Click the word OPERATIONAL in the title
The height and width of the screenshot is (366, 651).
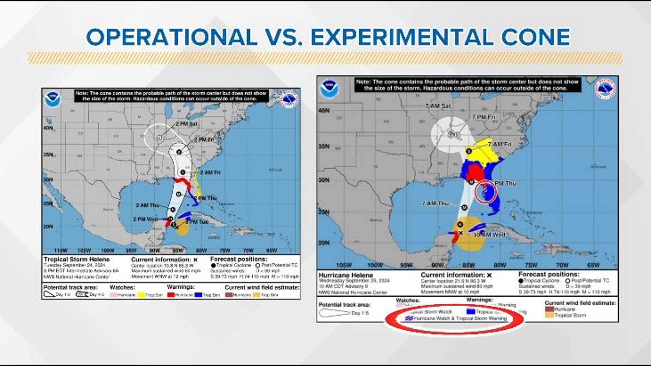[x=172, y=37]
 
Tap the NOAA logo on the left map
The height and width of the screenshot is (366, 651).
[x=53, y=100]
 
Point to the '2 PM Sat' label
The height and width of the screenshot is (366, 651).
[x=186, y=124]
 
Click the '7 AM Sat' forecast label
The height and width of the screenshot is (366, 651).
[x=438, y=106]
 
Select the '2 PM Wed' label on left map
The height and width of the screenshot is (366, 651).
[x=145, y=219]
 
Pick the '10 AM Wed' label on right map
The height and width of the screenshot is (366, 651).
[x=489, y=235]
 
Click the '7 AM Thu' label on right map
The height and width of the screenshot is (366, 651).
[x=435, y=203]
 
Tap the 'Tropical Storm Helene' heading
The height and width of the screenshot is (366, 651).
[x=77, y=259]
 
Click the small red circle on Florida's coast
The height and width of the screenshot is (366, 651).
[x=485, y=192]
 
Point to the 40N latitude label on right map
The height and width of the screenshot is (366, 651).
[x=324, y=110]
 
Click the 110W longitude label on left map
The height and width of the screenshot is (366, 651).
[x=61, y=250]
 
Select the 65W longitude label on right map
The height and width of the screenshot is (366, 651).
[x=593, y=265]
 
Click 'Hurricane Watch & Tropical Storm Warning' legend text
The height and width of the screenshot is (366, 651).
[x=460, y=319]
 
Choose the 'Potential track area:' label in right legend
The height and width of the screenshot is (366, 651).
[x=344, y=305]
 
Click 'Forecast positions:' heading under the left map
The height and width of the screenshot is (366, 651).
[x=239, y=259]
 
